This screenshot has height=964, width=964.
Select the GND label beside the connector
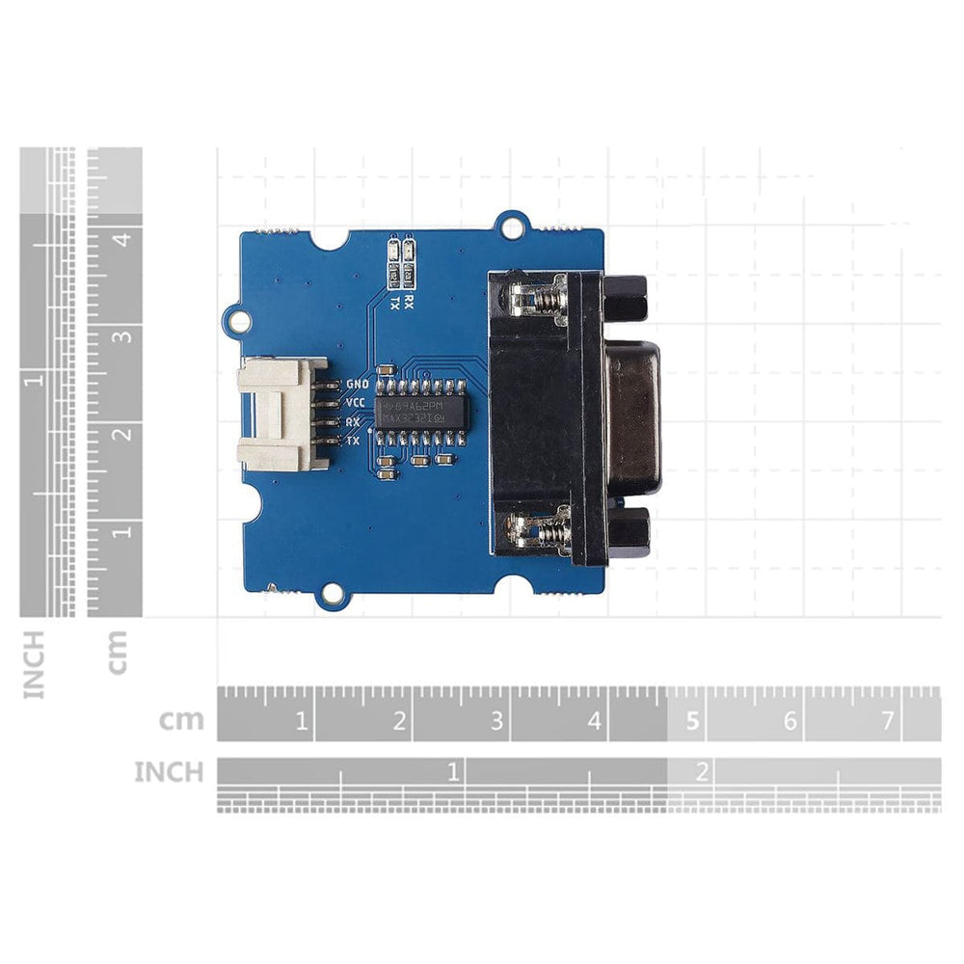357,383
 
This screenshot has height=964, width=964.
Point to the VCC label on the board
355,402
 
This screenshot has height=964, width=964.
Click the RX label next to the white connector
353,422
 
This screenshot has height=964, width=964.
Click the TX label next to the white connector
353,441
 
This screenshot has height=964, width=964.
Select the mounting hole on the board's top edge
511,226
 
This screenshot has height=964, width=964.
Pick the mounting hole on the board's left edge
231,314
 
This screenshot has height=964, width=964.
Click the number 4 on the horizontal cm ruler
594,721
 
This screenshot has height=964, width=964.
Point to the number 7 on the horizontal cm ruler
887,721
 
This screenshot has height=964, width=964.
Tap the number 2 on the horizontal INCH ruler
702,771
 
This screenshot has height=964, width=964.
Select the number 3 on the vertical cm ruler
122,336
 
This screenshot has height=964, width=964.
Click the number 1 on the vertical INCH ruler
36,380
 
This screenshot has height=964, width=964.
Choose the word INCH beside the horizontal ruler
169,772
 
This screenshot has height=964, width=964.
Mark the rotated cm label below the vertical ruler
118,652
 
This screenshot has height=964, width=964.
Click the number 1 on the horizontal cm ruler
301,721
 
